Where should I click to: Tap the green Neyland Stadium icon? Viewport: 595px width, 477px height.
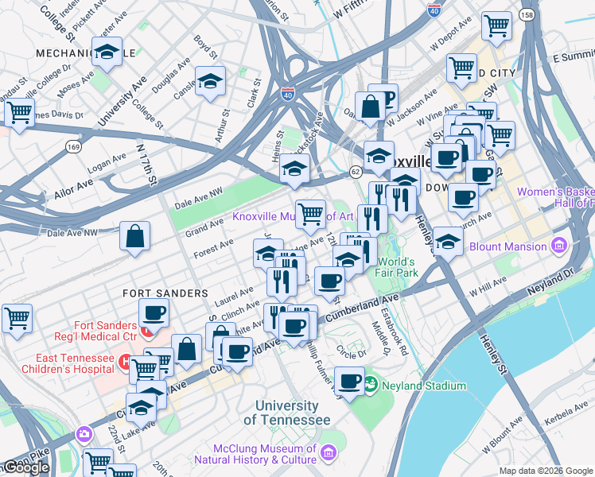370,386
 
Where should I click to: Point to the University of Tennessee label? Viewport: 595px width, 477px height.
287,413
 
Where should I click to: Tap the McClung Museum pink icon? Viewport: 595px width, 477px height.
329,453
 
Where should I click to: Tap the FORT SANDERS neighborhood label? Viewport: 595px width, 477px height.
165,293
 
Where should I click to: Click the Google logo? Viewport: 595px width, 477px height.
25,467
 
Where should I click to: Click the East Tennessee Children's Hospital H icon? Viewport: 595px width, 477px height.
124,363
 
